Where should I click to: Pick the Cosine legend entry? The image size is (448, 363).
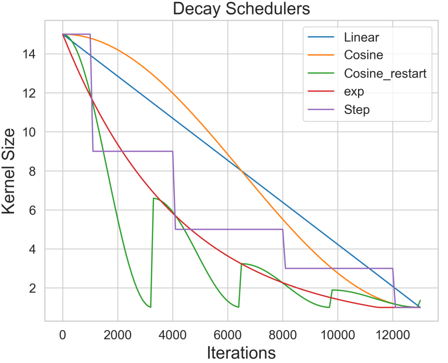coord(363,55)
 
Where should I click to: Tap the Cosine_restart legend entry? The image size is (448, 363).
coord(385,74)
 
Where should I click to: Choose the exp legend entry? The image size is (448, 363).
coord(354,91)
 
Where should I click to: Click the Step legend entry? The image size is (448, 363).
coord(357,110)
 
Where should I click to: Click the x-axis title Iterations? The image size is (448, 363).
coord(241,352)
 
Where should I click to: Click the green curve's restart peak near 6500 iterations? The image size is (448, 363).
coord(241,264)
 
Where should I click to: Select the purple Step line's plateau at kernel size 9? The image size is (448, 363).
coord(133,151)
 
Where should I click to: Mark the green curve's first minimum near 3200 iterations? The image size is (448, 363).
coord(150,307)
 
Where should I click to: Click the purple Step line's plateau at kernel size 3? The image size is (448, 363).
coord(339,268)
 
